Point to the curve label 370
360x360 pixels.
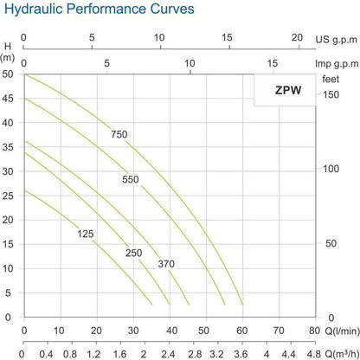pos(167,263)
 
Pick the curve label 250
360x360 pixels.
pos(132,252)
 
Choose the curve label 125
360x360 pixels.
pos(84,234)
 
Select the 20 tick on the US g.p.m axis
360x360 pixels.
pos(297,39)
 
